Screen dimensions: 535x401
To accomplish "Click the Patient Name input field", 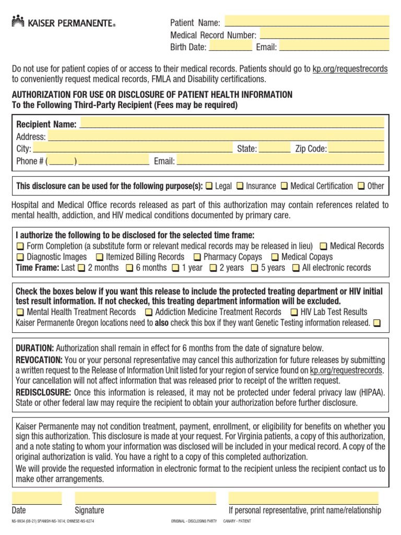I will point(306,22).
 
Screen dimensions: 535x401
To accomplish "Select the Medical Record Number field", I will point(324,34).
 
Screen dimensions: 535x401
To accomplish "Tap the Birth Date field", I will point(230,46).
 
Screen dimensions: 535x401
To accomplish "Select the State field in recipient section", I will point(275,148).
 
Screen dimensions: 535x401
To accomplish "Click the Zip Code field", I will point(358,148).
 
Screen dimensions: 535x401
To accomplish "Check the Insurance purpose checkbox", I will point(240,186).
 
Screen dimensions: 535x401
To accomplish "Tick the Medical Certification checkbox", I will point(285,186).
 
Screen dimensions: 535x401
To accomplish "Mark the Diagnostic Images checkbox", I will point(20,257).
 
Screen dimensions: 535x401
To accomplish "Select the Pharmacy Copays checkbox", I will point(197,257).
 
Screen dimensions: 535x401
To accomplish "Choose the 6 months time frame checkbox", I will point(129,268).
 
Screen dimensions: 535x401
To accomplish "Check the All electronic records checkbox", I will point(296,268).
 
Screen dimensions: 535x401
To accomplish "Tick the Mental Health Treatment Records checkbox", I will point(20,312).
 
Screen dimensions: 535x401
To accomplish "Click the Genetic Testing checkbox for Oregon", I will point(377,323).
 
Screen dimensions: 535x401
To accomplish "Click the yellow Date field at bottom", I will point(37,497).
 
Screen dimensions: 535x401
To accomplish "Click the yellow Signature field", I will point(145,497).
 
